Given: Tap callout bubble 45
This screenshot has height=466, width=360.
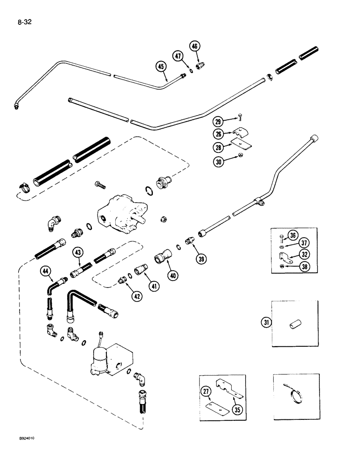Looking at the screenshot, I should click(161, 67).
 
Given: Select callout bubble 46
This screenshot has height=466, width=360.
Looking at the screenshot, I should click(194, 46).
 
